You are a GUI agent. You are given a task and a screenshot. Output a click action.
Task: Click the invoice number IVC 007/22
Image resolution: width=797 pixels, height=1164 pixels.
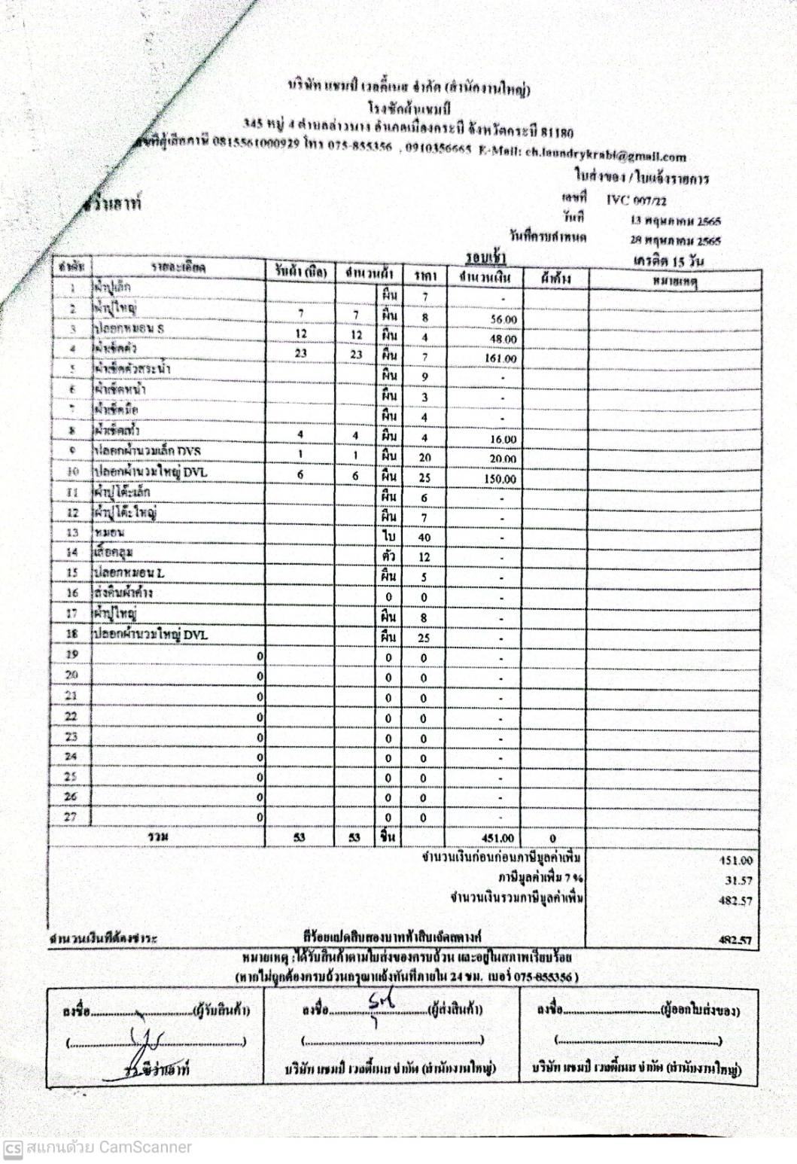click(636, 200)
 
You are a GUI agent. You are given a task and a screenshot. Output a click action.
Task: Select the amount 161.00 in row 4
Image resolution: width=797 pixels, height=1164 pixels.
click(500, 358)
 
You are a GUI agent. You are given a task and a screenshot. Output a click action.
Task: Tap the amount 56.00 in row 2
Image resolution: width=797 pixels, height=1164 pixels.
click(503, 319)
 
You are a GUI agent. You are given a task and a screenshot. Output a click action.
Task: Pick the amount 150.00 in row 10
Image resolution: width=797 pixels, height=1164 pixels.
click(500, 479)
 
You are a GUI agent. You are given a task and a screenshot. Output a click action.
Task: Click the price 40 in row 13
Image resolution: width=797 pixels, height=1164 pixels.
click(424, 538)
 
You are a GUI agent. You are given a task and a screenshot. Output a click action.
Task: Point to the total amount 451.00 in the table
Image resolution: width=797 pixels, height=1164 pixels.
click(497, 838)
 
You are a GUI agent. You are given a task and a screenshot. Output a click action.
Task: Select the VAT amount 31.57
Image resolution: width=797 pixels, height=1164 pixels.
click(738, 880)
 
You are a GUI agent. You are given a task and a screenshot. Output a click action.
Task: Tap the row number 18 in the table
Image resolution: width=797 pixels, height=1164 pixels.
click(71, 634)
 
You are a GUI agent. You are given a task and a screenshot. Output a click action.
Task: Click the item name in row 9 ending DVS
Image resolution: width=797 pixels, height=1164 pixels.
click(148, 451)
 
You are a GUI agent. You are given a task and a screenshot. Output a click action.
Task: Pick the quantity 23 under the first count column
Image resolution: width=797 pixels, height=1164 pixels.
click(300, 353)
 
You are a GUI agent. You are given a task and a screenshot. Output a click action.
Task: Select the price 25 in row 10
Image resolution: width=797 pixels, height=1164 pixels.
click(424, 477)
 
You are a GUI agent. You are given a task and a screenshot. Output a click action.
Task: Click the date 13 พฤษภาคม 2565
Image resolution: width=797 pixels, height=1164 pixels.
click(675, 221)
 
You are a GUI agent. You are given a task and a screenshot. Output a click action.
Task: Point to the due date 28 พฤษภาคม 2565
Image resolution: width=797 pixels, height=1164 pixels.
click(675, 241)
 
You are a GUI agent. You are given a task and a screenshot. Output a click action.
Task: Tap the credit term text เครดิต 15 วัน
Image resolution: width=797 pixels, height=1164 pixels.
click(668, 261)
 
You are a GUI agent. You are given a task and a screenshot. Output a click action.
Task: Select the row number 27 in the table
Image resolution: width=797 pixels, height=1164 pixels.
click(70, 816)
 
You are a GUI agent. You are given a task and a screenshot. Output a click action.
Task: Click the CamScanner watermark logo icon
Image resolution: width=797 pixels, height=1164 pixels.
click(12, 1148)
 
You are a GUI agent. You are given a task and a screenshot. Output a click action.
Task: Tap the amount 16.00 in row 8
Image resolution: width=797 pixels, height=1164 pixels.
click(503, 440)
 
